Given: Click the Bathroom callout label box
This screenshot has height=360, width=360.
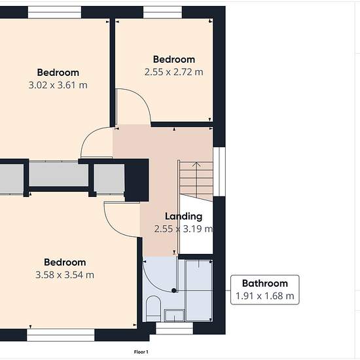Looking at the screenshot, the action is click(264, 290).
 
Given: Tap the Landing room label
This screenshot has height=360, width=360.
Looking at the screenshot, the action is click(184, 217).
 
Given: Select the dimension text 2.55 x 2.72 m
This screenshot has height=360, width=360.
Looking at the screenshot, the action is click(174, 72).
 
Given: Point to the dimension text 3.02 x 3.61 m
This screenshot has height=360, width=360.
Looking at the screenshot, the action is click(58, 85).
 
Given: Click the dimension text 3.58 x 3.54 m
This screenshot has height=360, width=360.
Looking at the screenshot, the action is click(65, 275).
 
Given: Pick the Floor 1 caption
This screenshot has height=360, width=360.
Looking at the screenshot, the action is click(141, 351).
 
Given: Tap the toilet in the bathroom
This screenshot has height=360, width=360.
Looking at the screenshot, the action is click(153, 308).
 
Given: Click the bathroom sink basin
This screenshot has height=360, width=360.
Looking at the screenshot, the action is click(175, 315).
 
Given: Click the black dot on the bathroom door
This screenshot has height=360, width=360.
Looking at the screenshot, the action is click(174, 291).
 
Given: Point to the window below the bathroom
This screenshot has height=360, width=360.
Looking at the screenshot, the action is click(175, 328).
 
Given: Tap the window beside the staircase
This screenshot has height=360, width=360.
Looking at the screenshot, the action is click(219, 171).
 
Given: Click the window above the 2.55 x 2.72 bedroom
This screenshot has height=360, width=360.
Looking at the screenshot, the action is click(162, 12).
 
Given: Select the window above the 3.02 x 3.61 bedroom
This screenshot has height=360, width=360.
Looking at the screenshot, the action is click(54, 12).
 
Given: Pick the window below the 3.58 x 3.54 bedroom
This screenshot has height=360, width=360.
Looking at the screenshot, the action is click(61, 335).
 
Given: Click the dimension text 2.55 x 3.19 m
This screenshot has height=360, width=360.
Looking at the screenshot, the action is click(183, 229).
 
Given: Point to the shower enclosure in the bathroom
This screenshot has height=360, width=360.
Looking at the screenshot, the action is click(198, 291).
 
